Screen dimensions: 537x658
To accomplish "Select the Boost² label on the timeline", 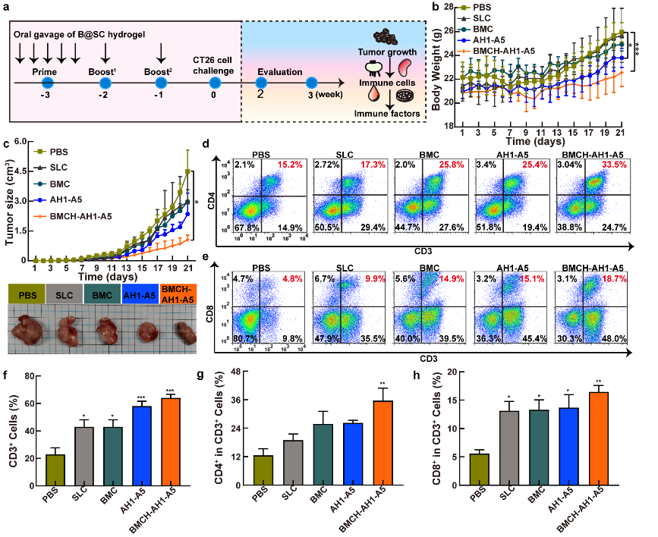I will pyautogui.click(x=161, y=71).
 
